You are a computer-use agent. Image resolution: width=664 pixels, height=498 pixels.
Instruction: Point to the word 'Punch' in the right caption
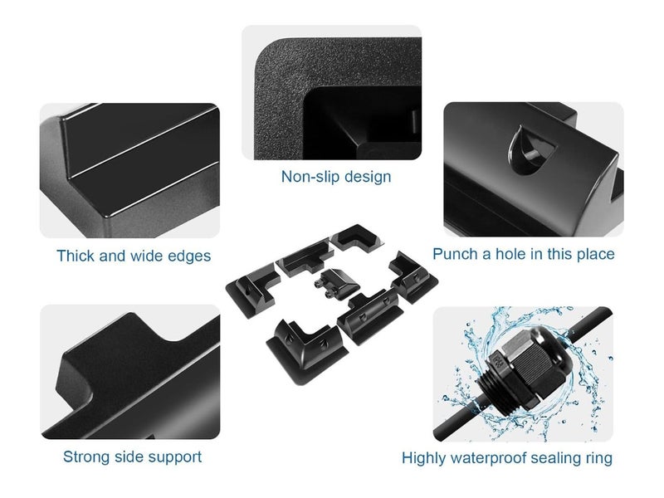click(x=456, y=253)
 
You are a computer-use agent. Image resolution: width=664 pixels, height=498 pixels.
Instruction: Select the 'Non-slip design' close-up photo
click(x=331, y=92)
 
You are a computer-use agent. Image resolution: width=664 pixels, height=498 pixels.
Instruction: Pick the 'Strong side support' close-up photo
click(x=129, y=371)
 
